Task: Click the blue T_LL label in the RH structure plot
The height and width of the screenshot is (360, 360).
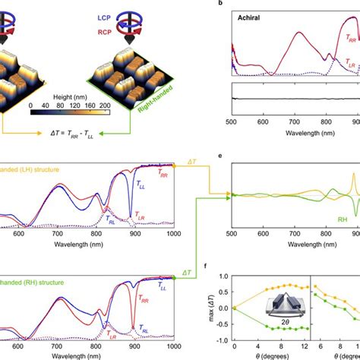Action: (162, 288)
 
